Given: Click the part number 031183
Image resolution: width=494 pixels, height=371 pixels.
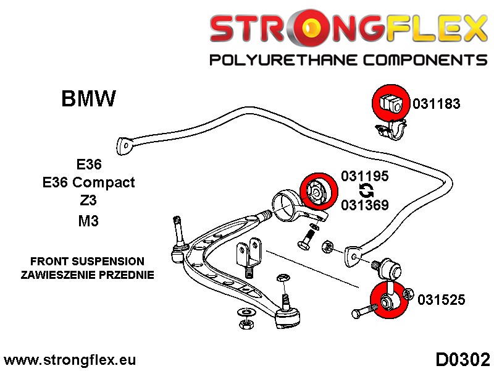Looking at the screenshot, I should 437,104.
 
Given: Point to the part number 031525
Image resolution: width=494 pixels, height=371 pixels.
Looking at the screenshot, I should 441,301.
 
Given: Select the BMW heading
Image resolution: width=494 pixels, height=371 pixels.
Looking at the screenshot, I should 88,99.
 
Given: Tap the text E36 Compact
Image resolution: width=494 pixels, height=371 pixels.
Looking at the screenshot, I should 88,183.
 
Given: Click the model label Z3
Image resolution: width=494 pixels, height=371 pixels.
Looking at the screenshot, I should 88,202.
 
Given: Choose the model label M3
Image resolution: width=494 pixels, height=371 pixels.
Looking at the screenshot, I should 88,221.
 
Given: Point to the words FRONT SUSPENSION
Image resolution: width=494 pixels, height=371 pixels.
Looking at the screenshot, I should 88,262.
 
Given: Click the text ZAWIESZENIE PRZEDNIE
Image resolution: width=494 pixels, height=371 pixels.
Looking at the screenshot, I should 88,275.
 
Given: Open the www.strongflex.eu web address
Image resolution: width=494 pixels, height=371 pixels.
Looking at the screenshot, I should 70,360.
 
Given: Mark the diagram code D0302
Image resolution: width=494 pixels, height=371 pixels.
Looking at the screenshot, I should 463,359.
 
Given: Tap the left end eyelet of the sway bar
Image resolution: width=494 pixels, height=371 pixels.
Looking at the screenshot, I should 125,145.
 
